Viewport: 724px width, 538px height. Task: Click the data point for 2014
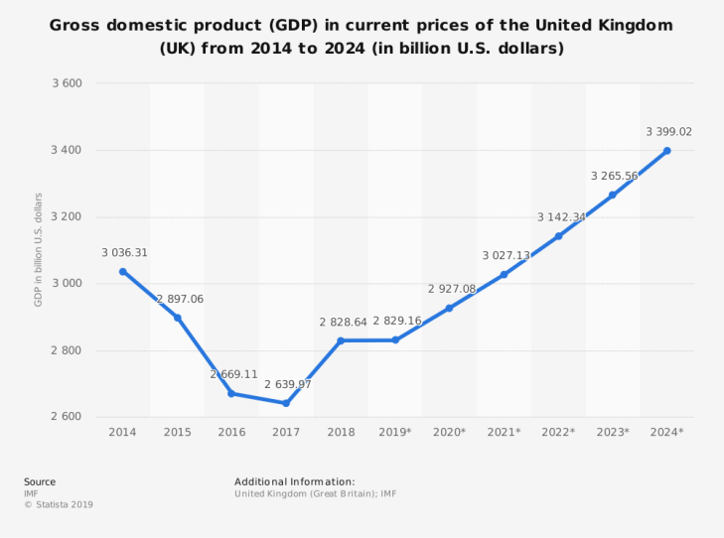point(123,271)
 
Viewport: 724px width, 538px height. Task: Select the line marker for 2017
point(286,403)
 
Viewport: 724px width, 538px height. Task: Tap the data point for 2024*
point(666,151)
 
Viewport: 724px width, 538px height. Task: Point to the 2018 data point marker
point(341,340)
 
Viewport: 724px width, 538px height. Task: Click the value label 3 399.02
point(668,131)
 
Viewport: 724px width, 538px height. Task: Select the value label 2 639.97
point(287,384)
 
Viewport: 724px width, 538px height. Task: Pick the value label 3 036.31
point(124,253)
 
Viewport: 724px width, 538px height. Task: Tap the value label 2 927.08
point(452,289)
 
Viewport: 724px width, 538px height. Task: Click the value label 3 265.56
point(614,176)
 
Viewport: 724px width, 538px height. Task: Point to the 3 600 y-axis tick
point(67,83)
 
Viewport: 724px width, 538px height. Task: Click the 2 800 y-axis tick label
point(67,350)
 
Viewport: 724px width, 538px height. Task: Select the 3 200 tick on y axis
point(67,216)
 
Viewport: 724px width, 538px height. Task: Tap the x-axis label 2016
point(231,432)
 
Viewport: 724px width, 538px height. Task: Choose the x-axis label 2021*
point(504,432)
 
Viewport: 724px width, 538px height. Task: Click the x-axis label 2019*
point(394,432)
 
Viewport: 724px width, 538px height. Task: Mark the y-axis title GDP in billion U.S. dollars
point(39,249)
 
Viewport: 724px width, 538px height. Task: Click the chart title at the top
point(362,36)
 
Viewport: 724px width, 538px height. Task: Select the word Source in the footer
point(40,481)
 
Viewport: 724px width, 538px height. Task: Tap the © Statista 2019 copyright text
point(59,505)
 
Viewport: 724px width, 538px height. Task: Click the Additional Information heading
point(294,481)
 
